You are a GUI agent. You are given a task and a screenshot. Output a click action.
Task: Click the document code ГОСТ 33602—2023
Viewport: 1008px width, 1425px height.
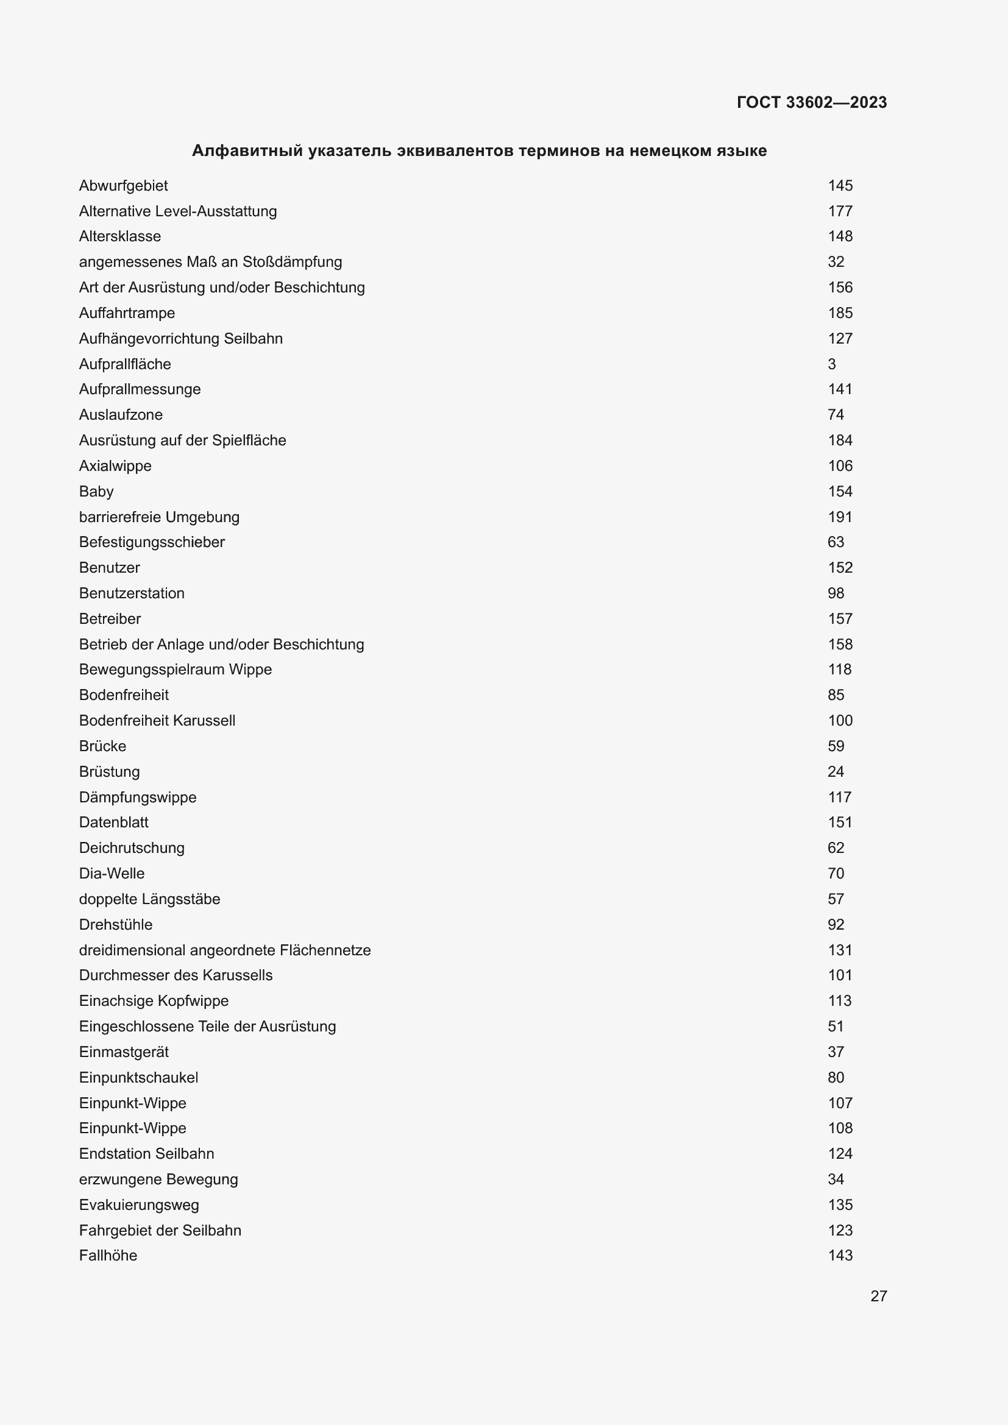(811, 102)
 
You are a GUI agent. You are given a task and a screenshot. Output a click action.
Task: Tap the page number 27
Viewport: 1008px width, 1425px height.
(878, 1296)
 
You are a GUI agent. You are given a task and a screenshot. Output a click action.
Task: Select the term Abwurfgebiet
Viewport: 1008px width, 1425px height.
(124, 186)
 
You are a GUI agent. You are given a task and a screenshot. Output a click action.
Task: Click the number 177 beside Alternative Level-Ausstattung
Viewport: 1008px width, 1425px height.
(840, 211)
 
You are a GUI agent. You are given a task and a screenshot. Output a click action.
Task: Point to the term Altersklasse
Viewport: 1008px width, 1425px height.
(120, 236)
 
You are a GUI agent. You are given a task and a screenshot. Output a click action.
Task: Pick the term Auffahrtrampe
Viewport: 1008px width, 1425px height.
(127, 313)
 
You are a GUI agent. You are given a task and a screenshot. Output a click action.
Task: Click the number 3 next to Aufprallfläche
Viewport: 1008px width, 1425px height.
(832, 364)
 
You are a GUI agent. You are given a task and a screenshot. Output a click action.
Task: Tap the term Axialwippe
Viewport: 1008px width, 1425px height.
(115, 466)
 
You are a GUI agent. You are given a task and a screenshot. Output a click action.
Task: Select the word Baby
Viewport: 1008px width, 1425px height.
(96, 492)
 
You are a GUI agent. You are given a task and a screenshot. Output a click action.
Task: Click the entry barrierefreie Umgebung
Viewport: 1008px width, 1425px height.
(159, 517)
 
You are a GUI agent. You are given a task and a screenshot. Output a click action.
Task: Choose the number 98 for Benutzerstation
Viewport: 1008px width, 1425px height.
(836, 593)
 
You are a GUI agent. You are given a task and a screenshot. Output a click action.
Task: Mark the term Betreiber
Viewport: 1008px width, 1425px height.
(110, 619)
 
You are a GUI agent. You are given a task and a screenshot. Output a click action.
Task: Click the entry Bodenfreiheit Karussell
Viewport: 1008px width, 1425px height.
(157, 721)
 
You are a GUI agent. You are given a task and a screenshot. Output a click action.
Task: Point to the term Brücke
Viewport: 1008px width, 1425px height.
(102, 746)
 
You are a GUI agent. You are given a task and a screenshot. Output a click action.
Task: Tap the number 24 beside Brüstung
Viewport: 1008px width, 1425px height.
(836, 771)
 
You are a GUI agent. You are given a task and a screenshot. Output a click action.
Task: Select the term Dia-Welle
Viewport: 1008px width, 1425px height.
(112, 873)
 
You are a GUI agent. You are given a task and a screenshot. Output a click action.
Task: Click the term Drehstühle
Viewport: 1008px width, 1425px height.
(115, 924)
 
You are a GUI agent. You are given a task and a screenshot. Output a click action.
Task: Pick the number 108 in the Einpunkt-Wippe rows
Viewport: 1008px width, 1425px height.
(840, 1128)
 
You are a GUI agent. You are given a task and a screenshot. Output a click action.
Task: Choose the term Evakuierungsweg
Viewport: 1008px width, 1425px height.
(139, 1204)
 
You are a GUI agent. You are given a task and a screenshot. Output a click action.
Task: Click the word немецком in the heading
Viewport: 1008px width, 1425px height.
(667, 151)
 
